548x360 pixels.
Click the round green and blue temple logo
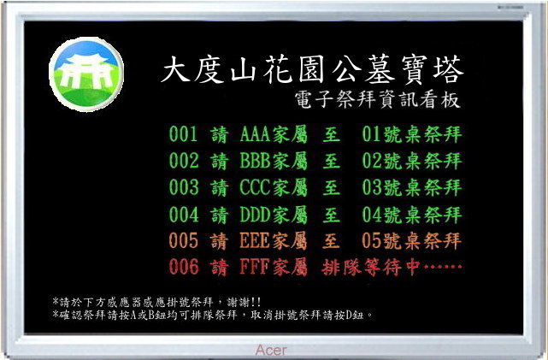pyautogui.click(x=86, y=74)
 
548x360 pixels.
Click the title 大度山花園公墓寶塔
pyautogui.click(x=312, y=69)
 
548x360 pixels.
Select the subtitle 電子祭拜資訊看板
pyautogui.click(x=377, y=100)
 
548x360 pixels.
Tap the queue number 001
pyautogui.click(x=184, y=134)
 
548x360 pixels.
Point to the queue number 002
pyautogui.click(x=184, y=161)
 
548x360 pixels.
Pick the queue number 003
pyautogui.click(x=184, y=187)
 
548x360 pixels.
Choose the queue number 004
pyautogui.click(x=184, y=215)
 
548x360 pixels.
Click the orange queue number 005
pyautogui.click(x=184, y=241)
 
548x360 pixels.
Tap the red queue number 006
pyautogui.click(x=184, y=267)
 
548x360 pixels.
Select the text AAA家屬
pyautogui.click(x=274, y=134)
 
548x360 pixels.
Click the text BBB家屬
pyautogui.click(x=274, y=161)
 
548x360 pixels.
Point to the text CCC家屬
pyautogui.click(x=274, y=187)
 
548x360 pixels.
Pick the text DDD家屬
pyautogui.click(x=274, y=215)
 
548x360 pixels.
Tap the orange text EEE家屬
pyautogui.click(x=274, y=241)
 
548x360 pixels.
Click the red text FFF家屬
pyautogui.click(x=274, y=268)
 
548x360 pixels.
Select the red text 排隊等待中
pyautogui.click(x=370, y=268)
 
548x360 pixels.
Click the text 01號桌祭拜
pyautogui.click(x=412, y=134)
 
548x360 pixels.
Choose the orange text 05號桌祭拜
pyautogui.click(x=412, y=241)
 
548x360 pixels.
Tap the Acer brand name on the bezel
pyautogui.click(x=271, y=350)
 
